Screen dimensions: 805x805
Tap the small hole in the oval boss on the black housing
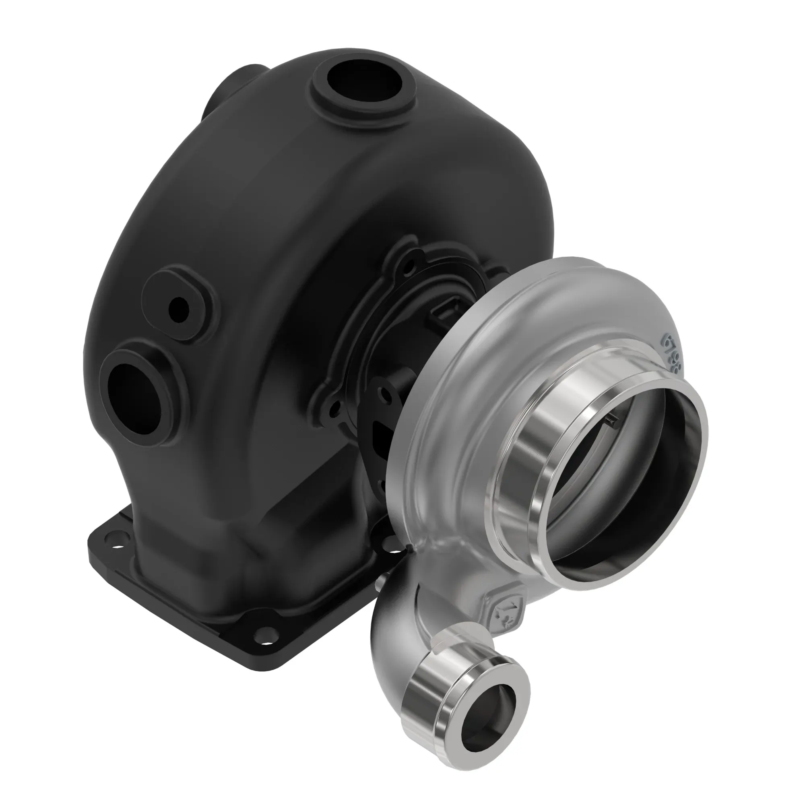pyautogui.click(x=179, y=309)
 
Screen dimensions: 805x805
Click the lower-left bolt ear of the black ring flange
pyautogui.click(x=333, y=411)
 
